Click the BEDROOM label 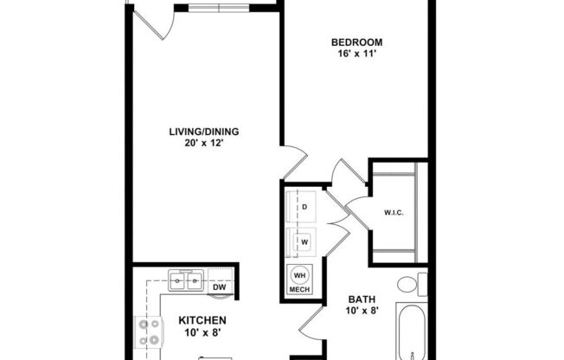coord(356,42)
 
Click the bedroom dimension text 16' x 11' coord(356,55)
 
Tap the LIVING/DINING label coord(203,132)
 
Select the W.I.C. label coord(394,213)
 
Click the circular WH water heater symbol coord(300,276)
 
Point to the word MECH coord(299,290)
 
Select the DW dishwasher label coord(220,286)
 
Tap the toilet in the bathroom coord(412,283)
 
